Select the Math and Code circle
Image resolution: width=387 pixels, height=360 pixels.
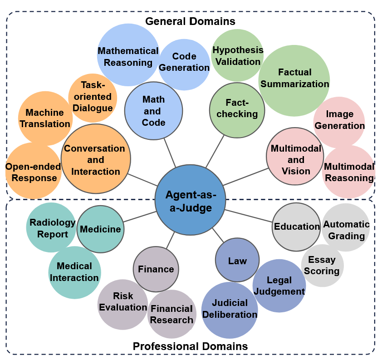(153, 111)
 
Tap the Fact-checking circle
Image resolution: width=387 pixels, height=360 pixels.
(237, 109)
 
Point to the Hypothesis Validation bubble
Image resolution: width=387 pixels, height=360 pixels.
(237, 54)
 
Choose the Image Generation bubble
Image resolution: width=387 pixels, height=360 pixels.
(339, 120)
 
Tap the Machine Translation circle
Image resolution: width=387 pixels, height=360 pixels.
(45, 118)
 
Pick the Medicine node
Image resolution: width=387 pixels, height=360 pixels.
(100, 229)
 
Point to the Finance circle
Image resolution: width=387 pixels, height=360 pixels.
(156, 269)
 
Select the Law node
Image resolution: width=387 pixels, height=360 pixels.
(237, 261)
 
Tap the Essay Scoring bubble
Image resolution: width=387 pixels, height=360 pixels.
(322, 266)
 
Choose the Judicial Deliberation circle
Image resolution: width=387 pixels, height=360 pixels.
(230, 309)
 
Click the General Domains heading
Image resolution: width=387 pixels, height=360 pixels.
(190, 21)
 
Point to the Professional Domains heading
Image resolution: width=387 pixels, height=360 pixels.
(190, 346)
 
